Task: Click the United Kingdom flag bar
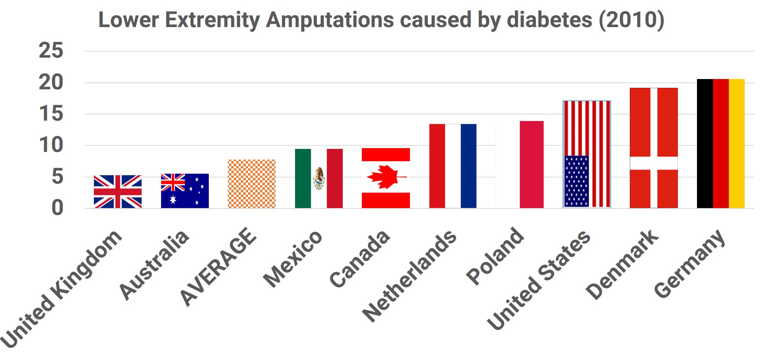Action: coord(118,192)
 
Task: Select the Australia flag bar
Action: coord(185,191)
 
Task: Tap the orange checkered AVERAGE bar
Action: coord(252,184)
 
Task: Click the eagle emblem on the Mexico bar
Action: coord(319,178)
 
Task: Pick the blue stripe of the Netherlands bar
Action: coord(468,166)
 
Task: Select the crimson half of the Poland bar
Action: coord(531,165)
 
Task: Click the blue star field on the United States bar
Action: coord(576,181)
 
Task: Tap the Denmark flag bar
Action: coord(653,148)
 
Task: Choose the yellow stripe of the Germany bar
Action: coord(737,144)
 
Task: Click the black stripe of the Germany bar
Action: coord(705,144)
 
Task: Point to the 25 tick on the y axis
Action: coord(51,51)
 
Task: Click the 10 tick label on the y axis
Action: coord(51,145)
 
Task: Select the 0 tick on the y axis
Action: coord(57,208)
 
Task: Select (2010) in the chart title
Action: coord(631,20)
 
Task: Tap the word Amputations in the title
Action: coord(330,20)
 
